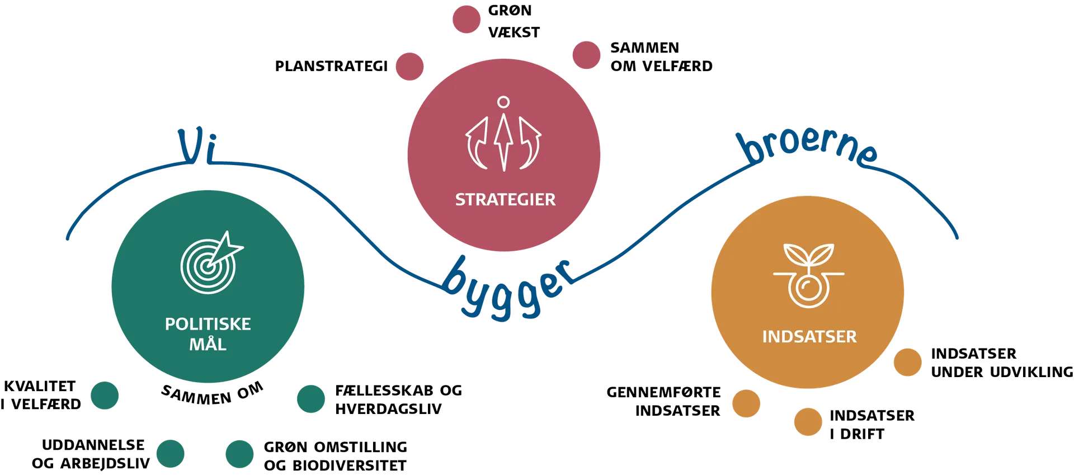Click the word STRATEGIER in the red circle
point(505,200)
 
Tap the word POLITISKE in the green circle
point(208,324)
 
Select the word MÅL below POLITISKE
point(208,344)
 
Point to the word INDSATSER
point(809,337)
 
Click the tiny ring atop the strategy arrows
point(503,102)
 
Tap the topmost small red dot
point(466,20)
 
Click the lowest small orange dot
point(807,421)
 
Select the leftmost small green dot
point(105,396)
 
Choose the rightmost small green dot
point(310,398)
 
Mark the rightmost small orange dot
point(907,363)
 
